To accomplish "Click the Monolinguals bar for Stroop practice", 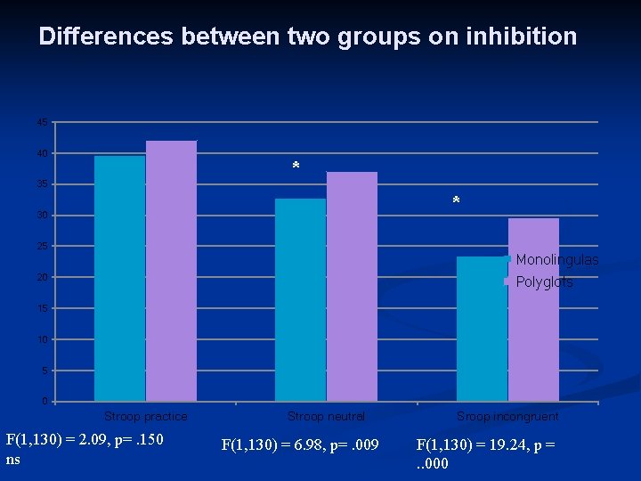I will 119,278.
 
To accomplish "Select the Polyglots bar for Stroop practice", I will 171,271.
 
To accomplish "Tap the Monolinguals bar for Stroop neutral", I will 300,299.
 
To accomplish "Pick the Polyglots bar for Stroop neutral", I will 352,286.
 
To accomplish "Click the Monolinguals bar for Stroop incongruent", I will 481,329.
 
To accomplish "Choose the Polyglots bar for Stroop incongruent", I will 533,309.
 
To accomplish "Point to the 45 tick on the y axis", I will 43,122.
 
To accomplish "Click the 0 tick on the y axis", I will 45,401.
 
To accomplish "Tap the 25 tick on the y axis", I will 43,246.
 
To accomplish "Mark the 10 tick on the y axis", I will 43,339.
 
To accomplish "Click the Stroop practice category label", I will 146,416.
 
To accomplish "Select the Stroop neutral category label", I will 326,416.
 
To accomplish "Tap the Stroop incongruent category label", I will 507,416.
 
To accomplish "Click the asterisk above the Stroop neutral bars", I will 296,167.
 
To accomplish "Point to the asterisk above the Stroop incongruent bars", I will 456,202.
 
